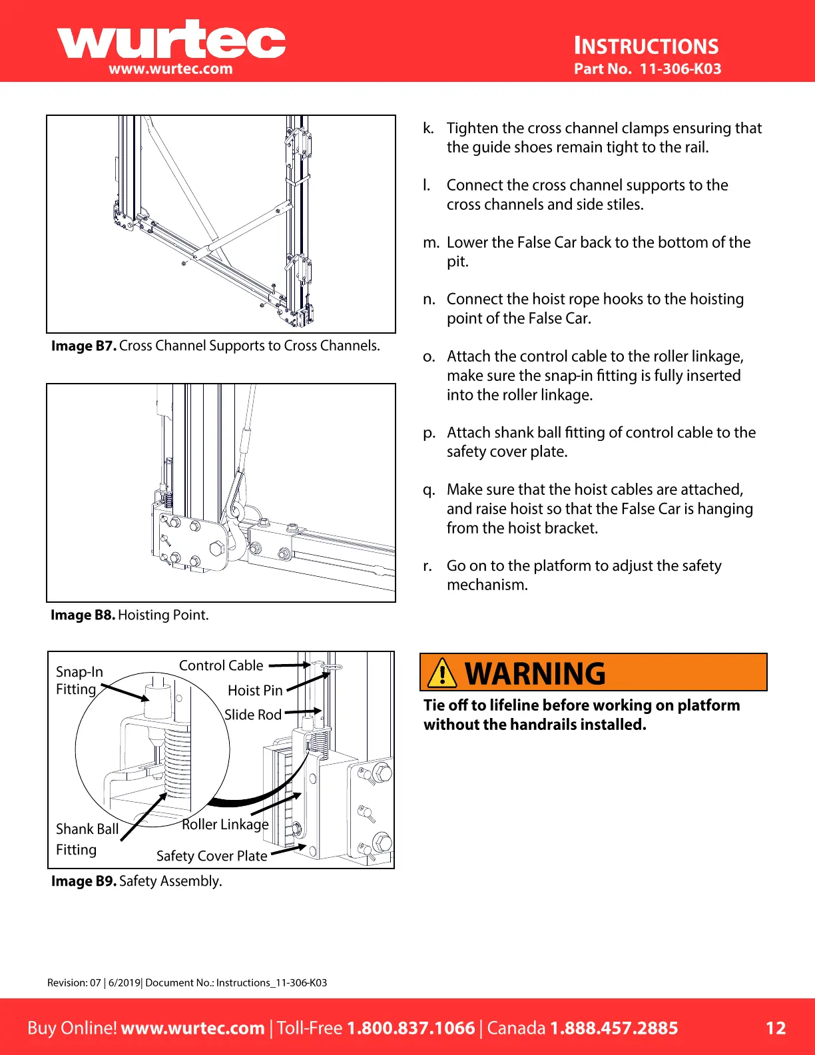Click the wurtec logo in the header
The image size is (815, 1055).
click(x=171, y=41)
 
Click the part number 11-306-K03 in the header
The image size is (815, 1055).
click(x=680, y=69)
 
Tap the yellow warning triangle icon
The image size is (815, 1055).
click(x=442, y=672)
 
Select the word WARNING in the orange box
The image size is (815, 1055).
click(x=535, y=673)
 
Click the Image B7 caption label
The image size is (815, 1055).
click(x=84, y=346)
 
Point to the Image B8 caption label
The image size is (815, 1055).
click(x=83, y=615)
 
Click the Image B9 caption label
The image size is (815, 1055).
click(x=84, y=881)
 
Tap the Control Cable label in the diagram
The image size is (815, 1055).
click(x=221, y=665)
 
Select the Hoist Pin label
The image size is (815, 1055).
click(x=255, y=691)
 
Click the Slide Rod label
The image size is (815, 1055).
click(x=253, y=715)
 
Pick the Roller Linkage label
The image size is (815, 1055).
click(x=225, y=825)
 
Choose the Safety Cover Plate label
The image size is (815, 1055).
click(x=212, y=856)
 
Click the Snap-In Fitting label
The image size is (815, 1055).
click(x=79, y=680)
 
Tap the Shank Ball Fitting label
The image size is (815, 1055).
click(x=87, y=839)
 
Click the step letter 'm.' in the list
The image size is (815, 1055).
click(x=431, y=242)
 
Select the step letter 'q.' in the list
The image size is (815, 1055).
click(x=429, y=490)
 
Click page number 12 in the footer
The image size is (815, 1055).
click(x=776, y=1028)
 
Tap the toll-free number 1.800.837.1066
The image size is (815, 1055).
click(x=411, y=1028)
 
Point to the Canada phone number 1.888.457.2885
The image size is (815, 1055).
click(x=613, y=1028)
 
